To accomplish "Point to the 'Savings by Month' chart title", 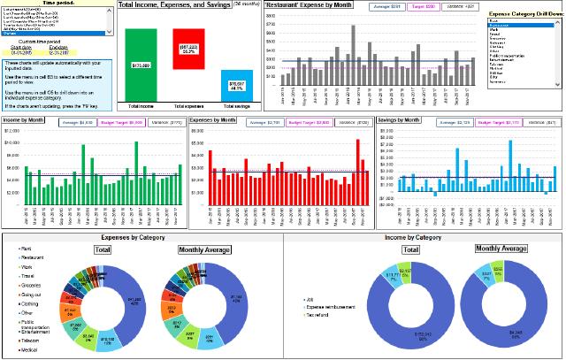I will pyautogui.click(x=400, y=119).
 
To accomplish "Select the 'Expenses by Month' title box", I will pyautogui.click(x=214, y=119).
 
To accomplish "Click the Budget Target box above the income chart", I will pyautogui.click(x=122, y=123).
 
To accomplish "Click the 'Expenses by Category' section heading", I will pyautogui.click(x=141, y=239).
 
